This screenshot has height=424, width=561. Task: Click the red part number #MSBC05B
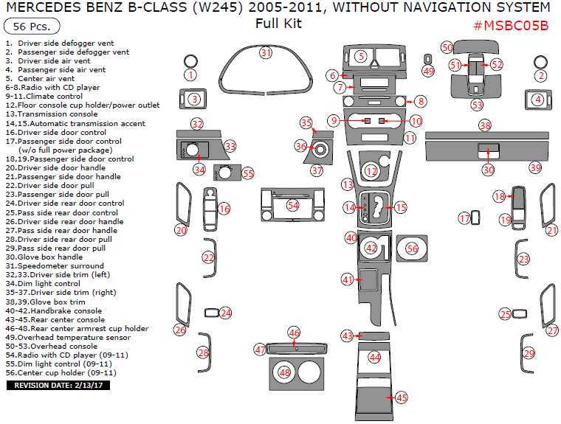pyautogui.click(x=510, y=27)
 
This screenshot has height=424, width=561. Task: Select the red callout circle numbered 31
pyautogui.click(x=266, y=52)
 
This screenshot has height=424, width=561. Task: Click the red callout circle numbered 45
pyautogui.click(x=402, y=397)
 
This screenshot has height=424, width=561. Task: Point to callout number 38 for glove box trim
pyautogui.click(x=484, y=125)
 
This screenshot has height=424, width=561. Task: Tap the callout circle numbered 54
pyautogui.click(x=293, y=204)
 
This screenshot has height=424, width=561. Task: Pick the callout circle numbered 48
pyautogui.click(x=285, y=373)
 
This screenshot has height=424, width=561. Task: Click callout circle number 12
pyautogui.click(x=371, y=171)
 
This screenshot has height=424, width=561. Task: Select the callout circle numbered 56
pyautogui.click(x=412, y=249)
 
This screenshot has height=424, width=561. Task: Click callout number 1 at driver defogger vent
pyautogui.click(x=190, y=74)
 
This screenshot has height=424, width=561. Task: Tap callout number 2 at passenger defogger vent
pyautogui.click(x=541, y=74)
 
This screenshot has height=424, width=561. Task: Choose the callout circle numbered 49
pyautogui.click(x=428, y=71)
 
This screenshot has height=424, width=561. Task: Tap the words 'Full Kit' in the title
pyautogui.click(x=278, y=24)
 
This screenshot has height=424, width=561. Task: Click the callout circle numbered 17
pyautogui.click(x=465, y=218)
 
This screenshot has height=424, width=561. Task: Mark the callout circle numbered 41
pyautogui.click(x=347, y=279)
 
